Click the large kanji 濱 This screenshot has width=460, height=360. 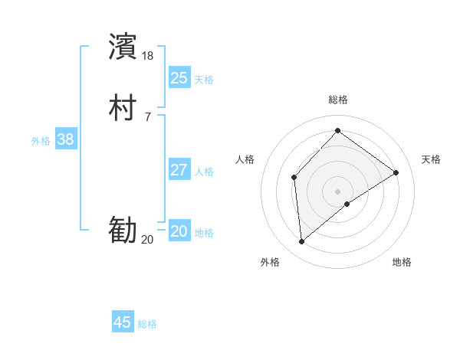tap(123, 46)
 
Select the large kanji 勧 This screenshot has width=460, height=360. tap(123, 231)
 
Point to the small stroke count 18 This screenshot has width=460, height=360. tap(148, 55)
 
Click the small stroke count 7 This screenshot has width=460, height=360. tap(147, 116)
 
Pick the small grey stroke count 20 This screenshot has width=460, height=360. tap(147, 240)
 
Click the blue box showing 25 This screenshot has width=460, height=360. tap(179, 77)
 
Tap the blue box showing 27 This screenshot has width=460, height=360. tap(179, 170)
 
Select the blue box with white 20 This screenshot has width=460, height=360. tap(179, 231)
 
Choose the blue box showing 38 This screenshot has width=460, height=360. tap(65, 139)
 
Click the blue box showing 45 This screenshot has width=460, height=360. tap(123, 322)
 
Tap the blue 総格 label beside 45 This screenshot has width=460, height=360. tap(147, 325)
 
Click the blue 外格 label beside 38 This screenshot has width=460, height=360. tap(41, 141)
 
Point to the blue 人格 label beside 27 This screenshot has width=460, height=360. tap(205, 172)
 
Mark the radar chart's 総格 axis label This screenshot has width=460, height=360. tap(337, 100)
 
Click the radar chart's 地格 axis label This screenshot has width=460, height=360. tap(402, 262)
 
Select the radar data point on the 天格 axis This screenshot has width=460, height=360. tap(396, 172)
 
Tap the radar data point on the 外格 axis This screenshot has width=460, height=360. tap(302, 242)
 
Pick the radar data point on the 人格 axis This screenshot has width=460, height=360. tap(294, 178)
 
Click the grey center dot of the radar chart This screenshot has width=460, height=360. tap(337, 191)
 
